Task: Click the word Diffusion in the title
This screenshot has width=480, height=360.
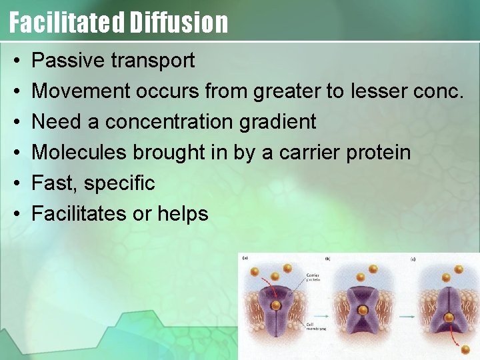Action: tap(179, 22)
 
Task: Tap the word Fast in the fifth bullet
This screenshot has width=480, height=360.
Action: tap(53, 183)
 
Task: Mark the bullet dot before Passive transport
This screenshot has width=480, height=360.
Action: tap(16, 61)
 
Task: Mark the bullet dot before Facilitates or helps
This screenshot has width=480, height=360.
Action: tap(16, 215)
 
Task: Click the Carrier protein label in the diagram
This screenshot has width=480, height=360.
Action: tap(313, 277)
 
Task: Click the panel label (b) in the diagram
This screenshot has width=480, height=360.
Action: tap(327, 259)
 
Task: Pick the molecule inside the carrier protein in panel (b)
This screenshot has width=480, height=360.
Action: tap(363, 310)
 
